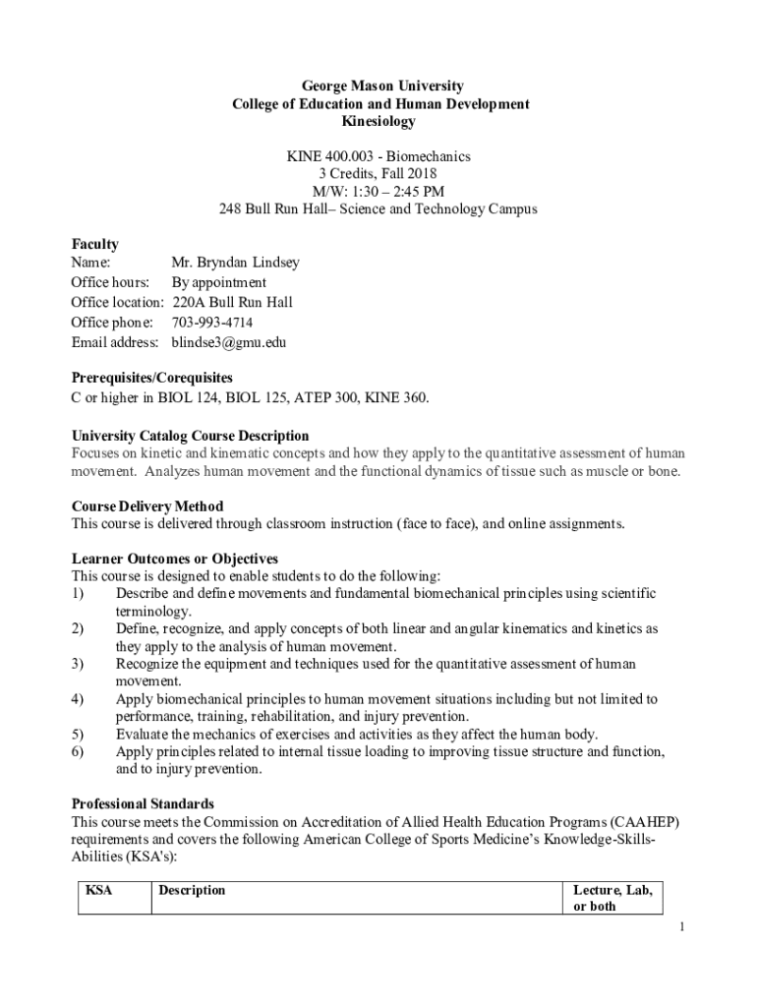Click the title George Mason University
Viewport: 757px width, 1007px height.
378,87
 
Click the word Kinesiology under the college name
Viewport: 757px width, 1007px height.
378,122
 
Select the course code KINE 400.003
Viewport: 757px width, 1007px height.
326,156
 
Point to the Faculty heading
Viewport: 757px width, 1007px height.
94,244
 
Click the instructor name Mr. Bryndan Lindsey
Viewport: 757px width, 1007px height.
235,263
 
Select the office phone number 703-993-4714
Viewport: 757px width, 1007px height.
212,323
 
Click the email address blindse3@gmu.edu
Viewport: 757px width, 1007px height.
229,342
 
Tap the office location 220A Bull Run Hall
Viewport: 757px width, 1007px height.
232,302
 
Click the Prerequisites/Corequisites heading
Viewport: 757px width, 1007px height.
151,378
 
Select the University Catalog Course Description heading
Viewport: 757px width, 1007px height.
190,436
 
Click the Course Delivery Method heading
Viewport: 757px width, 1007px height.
147,506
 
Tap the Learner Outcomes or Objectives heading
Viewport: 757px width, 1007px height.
174,560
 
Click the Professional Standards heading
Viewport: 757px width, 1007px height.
143,803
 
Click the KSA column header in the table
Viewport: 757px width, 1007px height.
99,890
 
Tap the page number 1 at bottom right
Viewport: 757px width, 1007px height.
679,927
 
